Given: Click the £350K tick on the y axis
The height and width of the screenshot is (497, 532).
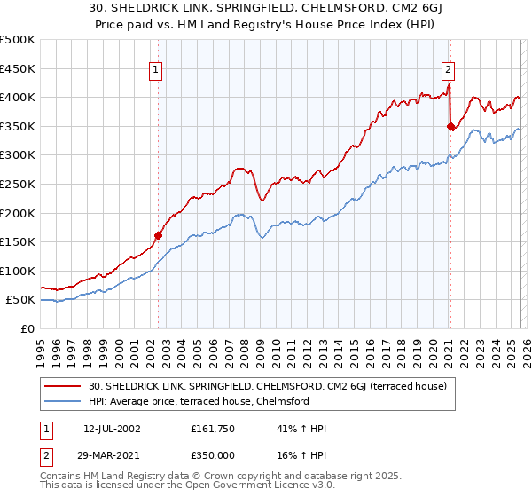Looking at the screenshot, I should click(18, 126).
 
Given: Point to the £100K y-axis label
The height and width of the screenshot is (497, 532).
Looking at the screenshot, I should click(18, 271).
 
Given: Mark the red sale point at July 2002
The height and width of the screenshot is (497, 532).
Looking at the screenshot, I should click(159, 235).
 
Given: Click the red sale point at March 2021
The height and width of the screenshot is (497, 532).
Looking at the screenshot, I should click(450, 126).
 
